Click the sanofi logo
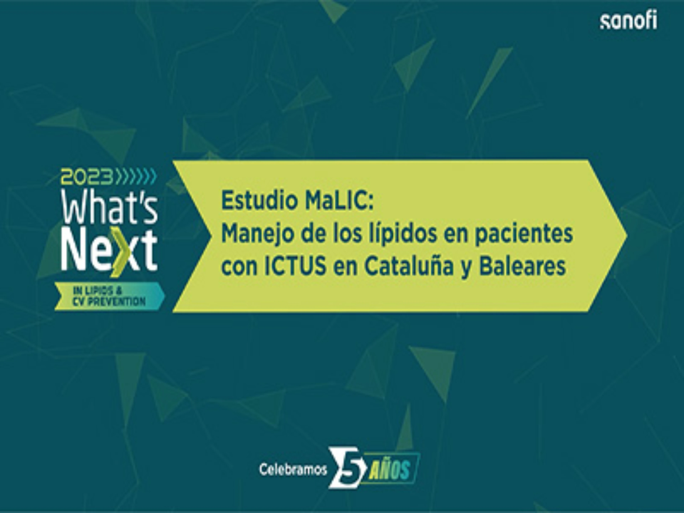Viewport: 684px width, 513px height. [x=629, y=22]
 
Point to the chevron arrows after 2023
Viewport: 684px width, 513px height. [x=136, y=177]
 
